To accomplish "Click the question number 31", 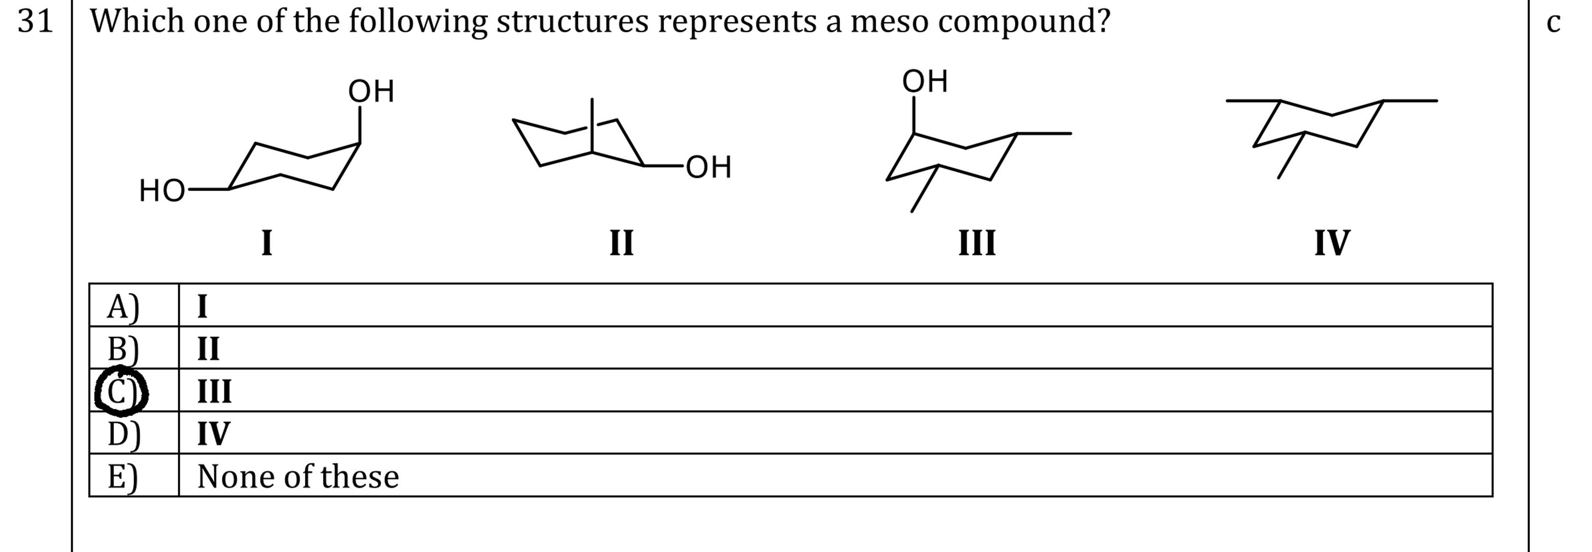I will click(x=35, y=22).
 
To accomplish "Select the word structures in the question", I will click(x=572, y=22).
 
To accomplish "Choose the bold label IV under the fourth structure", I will click(x=1332, y=242).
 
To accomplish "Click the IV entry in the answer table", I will click(x=213, y=433).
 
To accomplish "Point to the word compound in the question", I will click(x=1024, y=22).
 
